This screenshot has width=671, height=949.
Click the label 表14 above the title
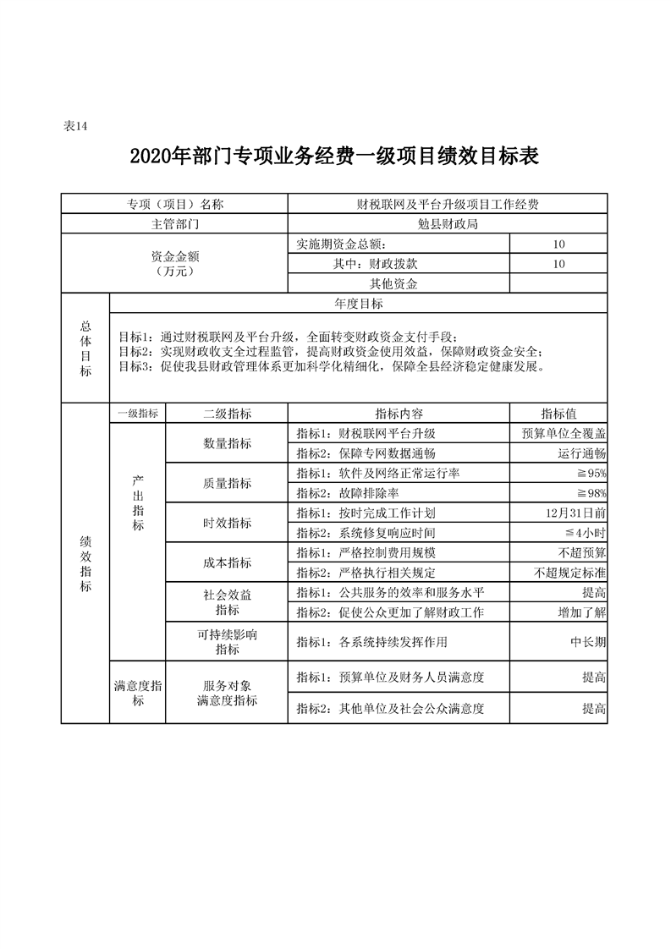pyautogui.click(x=76, y=127)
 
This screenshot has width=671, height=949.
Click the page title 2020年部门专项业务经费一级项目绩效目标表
pyautogui.click(x=335, y=157)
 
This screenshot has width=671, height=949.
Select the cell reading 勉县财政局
pyautogui.click(x=448, y=224)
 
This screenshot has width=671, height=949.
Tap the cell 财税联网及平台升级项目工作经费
pyautogui.click(x=448, y=204)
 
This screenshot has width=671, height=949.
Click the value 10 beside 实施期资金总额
pyautogui.click(x=558, y=244)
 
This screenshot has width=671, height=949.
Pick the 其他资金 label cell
pyautogui.click(x=393, y=284)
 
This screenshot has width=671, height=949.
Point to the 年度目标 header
pyautogui.click(x=359, y=304)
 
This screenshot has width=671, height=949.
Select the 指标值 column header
pyautogui.click(x=558, y=414)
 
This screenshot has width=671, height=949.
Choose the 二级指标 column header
pyautogui.click(x=227, y=414)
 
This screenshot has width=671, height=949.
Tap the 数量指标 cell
pyautogui.click(x=227, y=443)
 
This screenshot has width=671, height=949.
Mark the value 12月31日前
pyautogui.click(x=576, y=513)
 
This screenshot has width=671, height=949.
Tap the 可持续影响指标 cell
pyautogui.click(x=227, y=642)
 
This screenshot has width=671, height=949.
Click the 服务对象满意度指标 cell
pyautogui.click(x=227, y=693)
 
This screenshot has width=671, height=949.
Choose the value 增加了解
pyautogui.click(x=582, y=612)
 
